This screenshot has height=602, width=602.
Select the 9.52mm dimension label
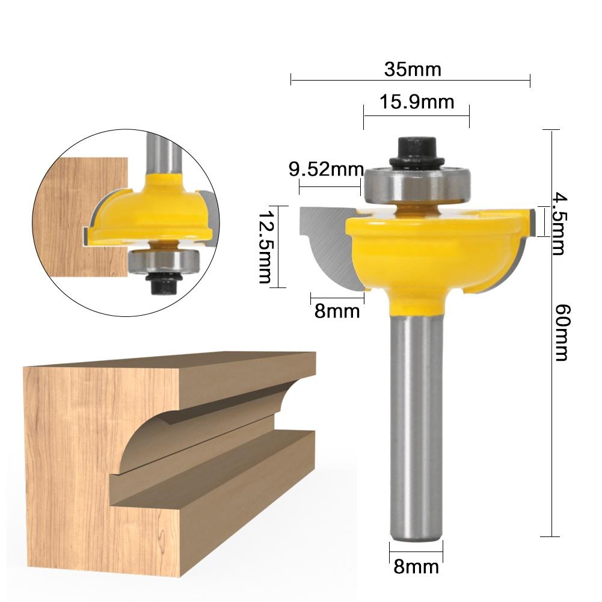click(x=327, y=169)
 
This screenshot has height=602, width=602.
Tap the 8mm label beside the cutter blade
click(x=337, y=311)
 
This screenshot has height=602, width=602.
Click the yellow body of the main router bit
click(x=433, y=253)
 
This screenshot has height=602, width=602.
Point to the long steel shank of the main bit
click(x=417, y=421)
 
